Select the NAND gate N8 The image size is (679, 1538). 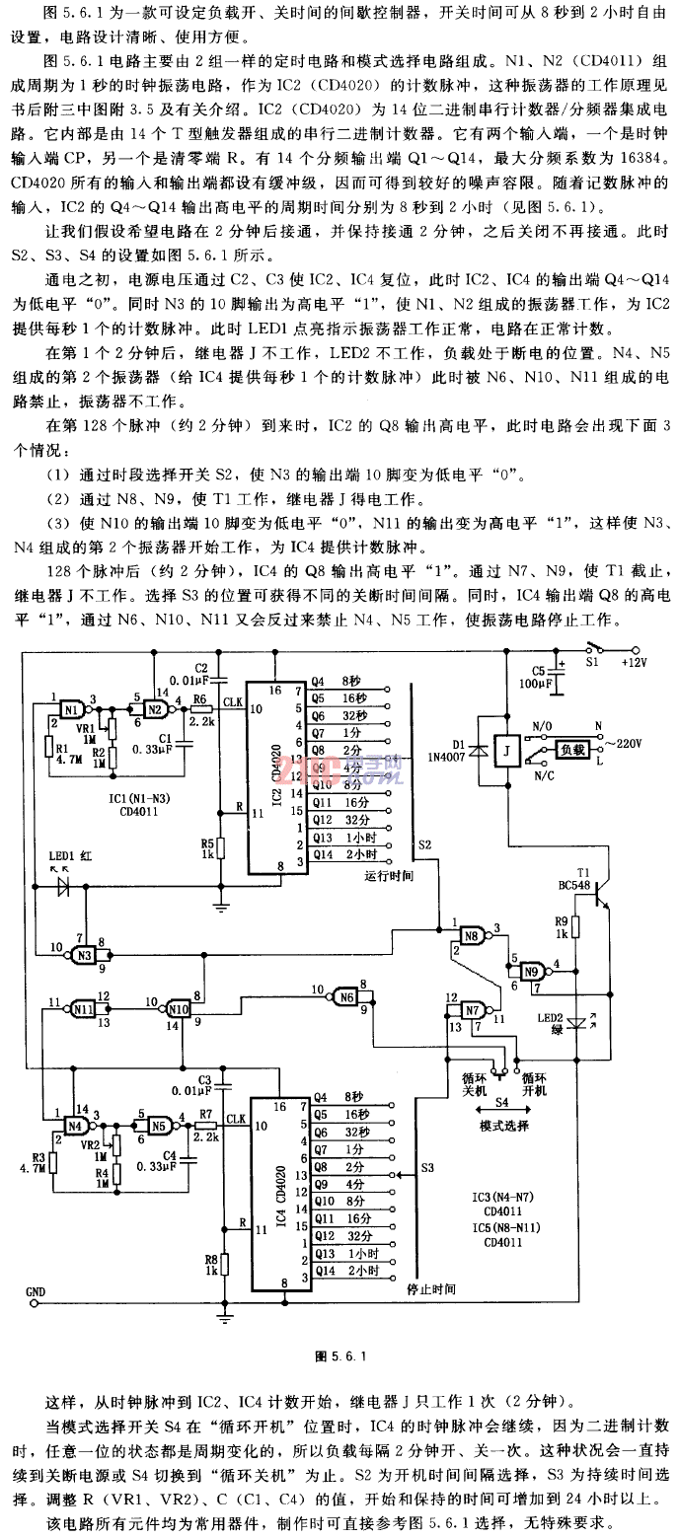pyautogui.click(x=471, y=934)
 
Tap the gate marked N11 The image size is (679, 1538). pyautogui.click(x=83, y=1008)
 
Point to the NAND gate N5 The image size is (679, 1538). pyautogui.click(x=157, y=1125)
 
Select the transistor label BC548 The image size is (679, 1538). pyautogui.click(x=586, y=886)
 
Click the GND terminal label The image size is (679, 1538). pyautogui.click(x=36, y=1290)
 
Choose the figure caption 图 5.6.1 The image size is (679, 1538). pyautogui.click(x=339, y=1355)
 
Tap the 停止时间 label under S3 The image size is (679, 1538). pyautogui.click(x=430, y=1288)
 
